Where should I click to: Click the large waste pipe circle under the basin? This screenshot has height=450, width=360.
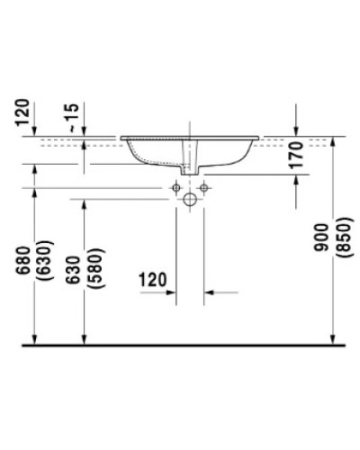(190, 200)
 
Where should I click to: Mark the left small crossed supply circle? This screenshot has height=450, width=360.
(176, 187)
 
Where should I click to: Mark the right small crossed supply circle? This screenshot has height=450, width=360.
(203, 187)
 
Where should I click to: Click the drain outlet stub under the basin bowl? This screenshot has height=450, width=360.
(190, 167)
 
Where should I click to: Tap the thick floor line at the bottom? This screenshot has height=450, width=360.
(180, 344)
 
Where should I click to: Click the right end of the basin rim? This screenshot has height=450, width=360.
(260, 138)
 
